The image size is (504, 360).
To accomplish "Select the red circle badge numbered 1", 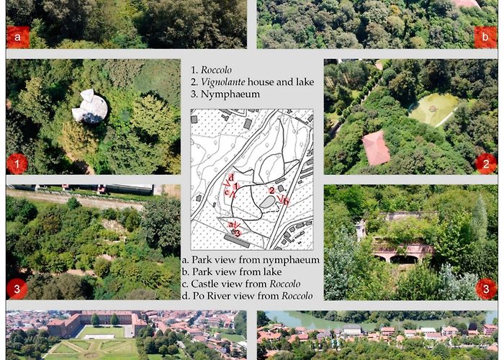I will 17,163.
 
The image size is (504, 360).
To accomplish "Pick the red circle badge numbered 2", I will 486,163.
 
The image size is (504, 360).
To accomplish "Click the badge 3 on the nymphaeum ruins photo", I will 486,289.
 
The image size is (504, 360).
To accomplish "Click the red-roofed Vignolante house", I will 375,147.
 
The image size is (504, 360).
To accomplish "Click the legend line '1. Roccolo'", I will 215,70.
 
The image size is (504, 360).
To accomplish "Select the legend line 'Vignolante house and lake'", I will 252,81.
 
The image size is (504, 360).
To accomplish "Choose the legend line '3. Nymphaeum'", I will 225,94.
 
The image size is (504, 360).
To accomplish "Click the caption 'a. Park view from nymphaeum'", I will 251,259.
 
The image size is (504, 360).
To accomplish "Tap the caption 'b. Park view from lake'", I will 235,271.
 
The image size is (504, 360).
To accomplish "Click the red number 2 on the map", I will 271,191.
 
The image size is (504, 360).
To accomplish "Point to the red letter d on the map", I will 231,177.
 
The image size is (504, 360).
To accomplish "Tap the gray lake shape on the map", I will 266,202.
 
